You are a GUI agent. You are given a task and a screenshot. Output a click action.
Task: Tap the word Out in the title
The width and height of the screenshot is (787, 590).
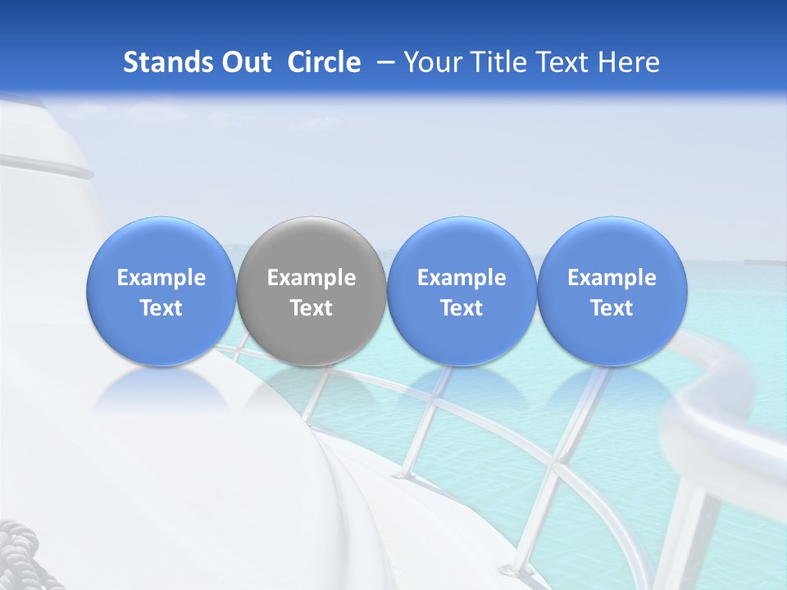point(247,62)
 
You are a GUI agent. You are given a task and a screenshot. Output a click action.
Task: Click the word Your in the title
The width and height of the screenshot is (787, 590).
point(430,62)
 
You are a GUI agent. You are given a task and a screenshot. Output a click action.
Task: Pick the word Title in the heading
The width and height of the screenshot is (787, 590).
point(495,62)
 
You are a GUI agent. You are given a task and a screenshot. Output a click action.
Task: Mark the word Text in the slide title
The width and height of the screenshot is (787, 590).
point(562,62)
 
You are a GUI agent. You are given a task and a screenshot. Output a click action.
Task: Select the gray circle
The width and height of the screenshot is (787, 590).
point(312,291)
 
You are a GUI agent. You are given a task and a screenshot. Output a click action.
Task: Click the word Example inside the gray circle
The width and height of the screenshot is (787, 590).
point(312,278)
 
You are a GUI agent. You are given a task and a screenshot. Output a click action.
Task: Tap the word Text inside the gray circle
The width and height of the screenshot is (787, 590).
point(312,308)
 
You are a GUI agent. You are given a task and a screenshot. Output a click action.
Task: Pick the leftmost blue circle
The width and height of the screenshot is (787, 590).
point(161,291)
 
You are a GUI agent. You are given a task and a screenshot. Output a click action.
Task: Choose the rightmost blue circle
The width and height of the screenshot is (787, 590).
point(612,291)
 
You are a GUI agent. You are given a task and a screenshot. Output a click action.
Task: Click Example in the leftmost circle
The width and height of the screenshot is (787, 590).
point(161,278)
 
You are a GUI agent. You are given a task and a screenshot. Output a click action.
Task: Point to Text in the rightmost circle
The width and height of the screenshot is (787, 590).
point(612,308)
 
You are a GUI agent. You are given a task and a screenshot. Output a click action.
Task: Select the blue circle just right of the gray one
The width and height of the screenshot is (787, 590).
point(462,291)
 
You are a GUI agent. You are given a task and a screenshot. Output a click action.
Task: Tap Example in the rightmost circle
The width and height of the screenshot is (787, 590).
point(612,278)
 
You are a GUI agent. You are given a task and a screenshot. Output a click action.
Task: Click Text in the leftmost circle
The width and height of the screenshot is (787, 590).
point(161,308)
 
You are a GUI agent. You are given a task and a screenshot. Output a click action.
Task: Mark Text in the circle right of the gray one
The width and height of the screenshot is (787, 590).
point(462,308)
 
